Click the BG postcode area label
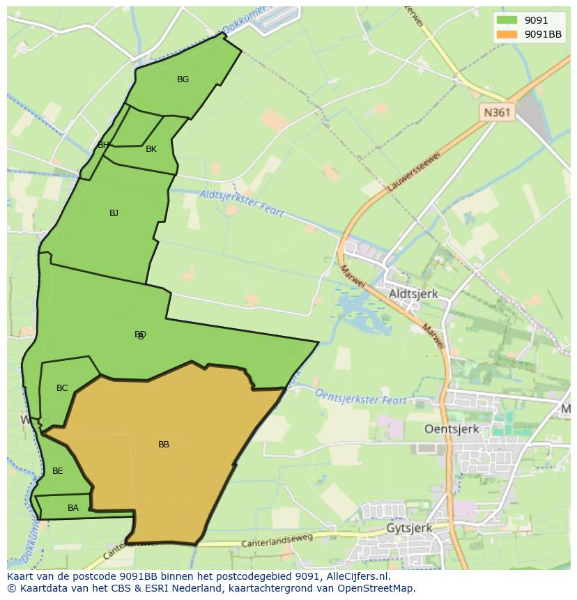point(183,79)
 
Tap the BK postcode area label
point(151,149)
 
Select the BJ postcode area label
point(114,213)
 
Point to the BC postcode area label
point(62,388)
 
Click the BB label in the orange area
point(164,445)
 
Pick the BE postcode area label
point(58,471)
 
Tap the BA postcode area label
point(73,508)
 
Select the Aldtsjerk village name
point(413,294)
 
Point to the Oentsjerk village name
point(452,429)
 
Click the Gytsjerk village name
point(409,528)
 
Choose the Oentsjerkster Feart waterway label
point(361,397)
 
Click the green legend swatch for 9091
point(506,20)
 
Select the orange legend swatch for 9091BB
point(506,34)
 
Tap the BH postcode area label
point(103,145)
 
